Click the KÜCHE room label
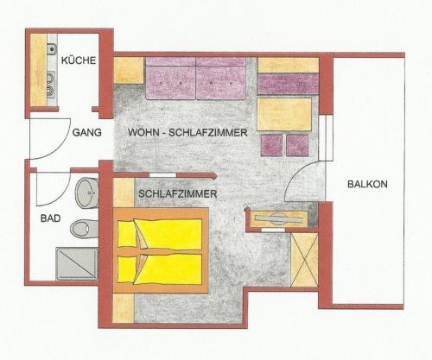(79, 60)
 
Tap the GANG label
(87, 132)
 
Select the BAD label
(51, 218)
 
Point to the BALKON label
(367, 184)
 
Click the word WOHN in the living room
(144, 133)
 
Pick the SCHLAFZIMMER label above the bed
(178, 193)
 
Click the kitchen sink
(52, 48)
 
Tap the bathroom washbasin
(87, 193)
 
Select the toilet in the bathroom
(85, 229)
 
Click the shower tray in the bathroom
(77, 263)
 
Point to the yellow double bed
(161, 250)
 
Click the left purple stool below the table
(271, 145)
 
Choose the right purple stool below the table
(297, 145)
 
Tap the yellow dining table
(284, 115)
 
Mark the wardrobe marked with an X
(304, 260)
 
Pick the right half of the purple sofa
(221, 79)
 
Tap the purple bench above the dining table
(288, 84)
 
